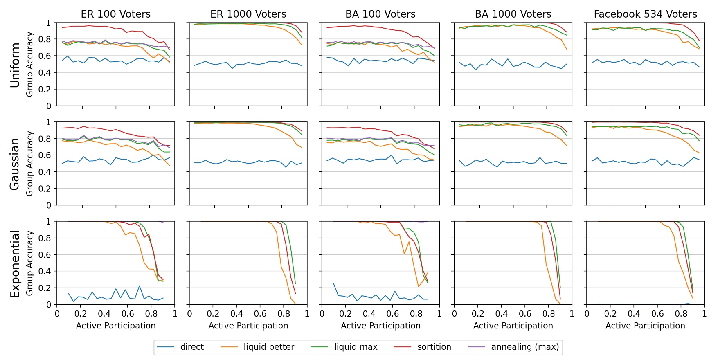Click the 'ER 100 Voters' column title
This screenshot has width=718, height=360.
116,14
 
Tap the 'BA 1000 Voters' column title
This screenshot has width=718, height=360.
513,14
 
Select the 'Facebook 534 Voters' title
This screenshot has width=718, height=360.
645,14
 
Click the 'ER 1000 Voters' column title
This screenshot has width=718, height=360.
248,14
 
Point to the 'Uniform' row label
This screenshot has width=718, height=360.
15,65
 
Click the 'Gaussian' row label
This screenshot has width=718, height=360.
15,164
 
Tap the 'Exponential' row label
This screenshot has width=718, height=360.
15,263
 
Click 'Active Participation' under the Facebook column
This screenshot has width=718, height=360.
645,326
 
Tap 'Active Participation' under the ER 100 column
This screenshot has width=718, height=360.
116,326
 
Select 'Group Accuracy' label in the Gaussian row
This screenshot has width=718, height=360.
29,164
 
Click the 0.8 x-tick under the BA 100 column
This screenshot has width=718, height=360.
416,314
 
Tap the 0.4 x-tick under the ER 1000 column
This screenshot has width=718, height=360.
236,314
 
